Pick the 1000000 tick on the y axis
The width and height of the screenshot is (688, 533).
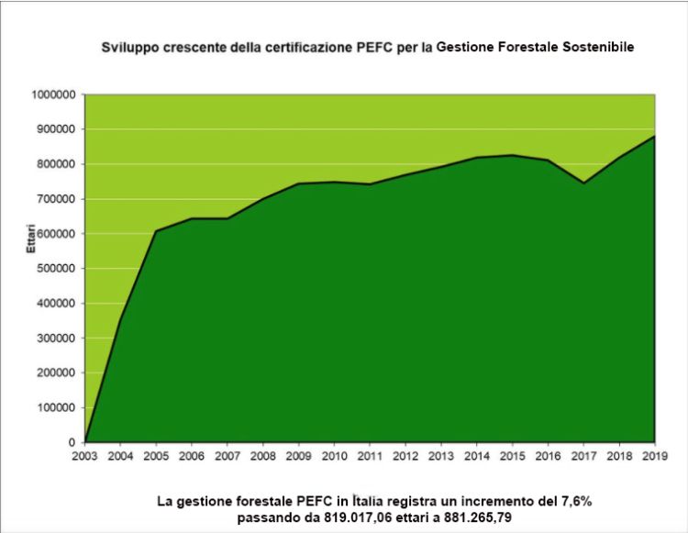[x=53, y=94]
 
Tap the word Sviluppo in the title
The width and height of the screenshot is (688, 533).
[x=128, y=45]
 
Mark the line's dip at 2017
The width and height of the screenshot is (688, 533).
[x=583, y=183]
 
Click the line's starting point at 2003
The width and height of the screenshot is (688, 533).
[x=84, y=441]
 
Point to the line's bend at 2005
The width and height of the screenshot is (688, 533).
[x=156, y=230]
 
